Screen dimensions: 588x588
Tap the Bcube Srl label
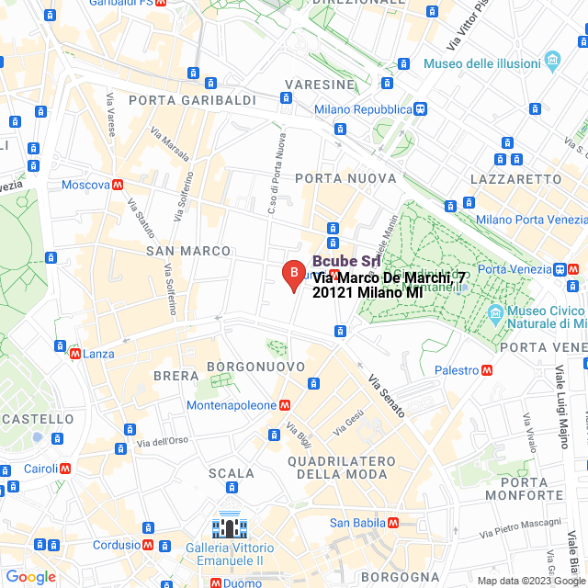pyautogui.click(x=346, y=262)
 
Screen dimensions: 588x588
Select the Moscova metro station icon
pyautogui.click(x=118, y=185)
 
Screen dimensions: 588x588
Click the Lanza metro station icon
pyautogui.click(x=73, y=353)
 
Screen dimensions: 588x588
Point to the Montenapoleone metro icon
pyautogui.click(x=286, y=404)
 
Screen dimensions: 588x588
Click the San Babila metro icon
pyautogui.click(x=393, y=523)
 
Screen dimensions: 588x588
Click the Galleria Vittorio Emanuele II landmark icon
pyautogui.click(x=227, y=526)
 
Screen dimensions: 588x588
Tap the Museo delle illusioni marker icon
pyautogui.click(x=552, y=62)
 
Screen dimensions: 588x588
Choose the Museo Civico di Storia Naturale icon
pyautogui.click(x=495, y=312)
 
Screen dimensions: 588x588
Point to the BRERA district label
pyautogui.click(x=175, y=376)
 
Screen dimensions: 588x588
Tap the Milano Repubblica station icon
pyautogui.click(x=420, y=109)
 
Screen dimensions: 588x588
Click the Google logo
pyautogui.click(x=30, y=577)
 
